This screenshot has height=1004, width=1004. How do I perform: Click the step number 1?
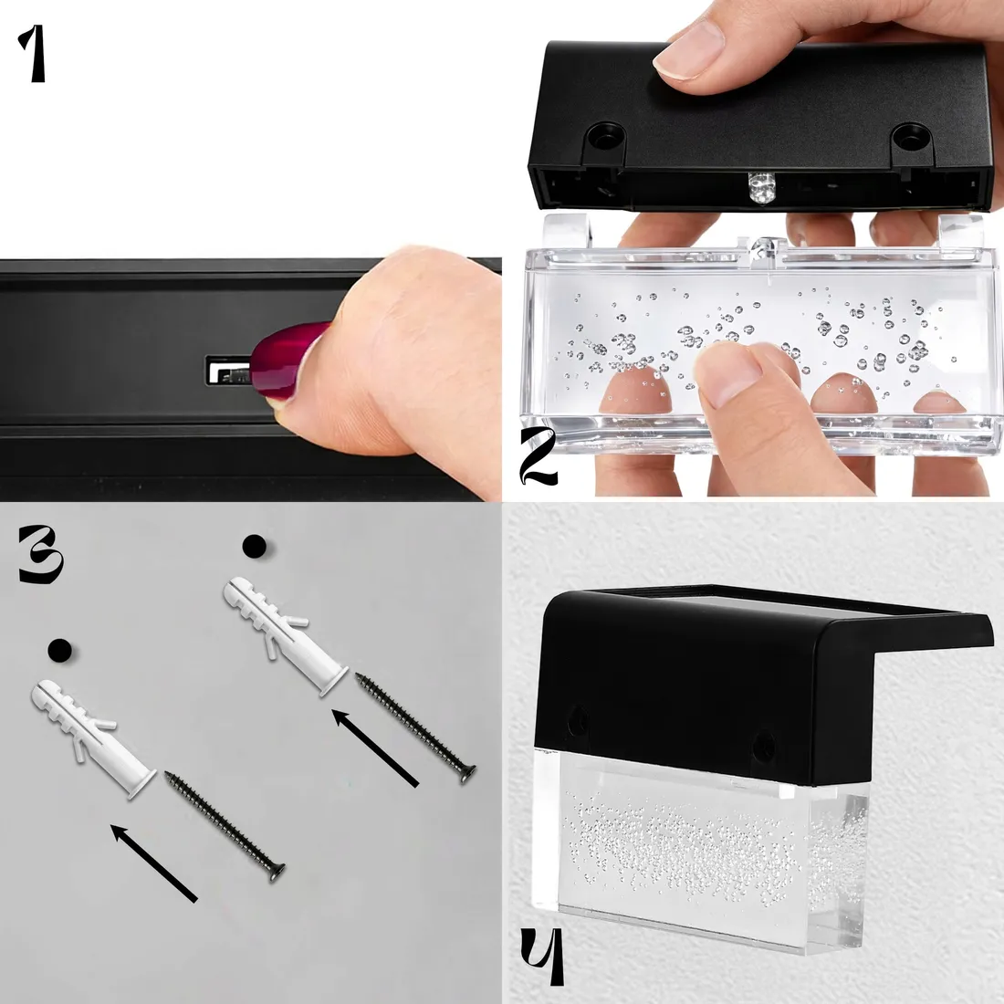33,54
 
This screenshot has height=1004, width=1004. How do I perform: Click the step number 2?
538,455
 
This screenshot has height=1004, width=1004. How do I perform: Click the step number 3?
40,555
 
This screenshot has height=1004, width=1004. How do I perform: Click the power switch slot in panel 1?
227,371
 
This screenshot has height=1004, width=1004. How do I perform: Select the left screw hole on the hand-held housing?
604,135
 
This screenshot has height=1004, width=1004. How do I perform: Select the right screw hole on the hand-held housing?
908,136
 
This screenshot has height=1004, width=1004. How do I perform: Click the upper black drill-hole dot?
255,546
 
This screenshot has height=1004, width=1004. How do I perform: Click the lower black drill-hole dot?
59,651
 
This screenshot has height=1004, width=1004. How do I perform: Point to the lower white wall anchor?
93,739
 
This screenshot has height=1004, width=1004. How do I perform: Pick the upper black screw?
415,728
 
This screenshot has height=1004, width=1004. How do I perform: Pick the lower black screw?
225,827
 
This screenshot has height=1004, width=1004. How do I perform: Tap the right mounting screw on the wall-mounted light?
763,747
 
